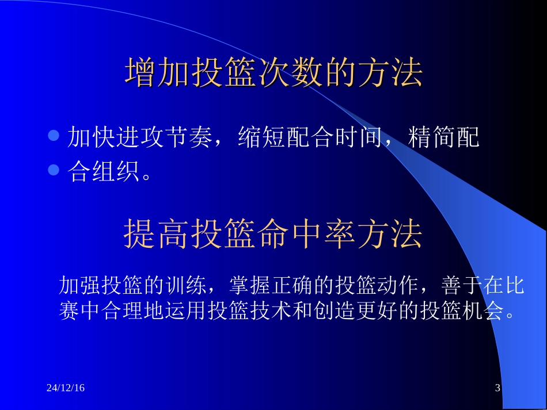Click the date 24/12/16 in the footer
[65, 389]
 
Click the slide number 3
[498, 389]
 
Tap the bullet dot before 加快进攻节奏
[54, 136]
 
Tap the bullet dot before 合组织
[54, 170]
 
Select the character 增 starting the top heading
[140, 73]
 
